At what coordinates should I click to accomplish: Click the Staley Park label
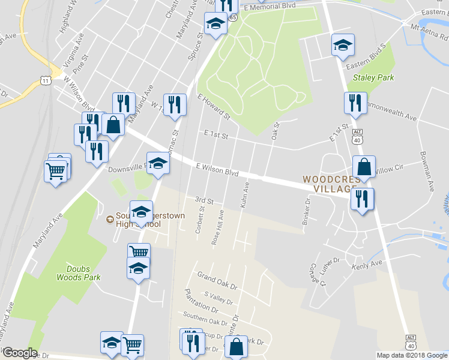373,77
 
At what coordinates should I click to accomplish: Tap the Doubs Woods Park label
79,273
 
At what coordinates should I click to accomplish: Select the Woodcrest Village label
327,184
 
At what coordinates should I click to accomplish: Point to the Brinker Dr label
307,211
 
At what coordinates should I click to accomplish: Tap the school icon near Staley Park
343,45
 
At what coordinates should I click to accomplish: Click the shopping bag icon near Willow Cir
364,167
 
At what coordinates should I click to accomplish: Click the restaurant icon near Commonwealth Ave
355,103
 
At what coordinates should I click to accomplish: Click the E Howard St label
214,106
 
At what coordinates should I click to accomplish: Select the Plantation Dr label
202,301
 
